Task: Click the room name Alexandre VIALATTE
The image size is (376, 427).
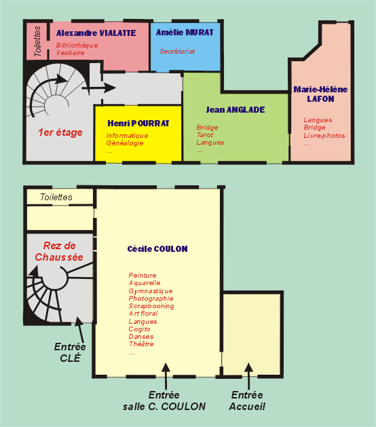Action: pos(96,33)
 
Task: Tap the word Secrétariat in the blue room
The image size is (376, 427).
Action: pos(177,51)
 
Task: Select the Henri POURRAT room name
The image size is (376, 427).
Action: pos(138,124)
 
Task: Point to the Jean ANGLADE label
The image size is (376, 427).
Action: pos(236,110)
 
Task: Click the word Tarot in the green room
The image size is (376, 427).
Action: pos(205,135)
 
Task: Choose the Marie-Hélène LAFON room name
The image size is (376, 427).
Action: pos(320,94)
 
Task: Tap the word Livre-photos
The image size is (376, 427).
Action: pos(324,136)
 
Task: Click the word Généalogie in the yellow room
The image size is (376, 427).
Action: pos(125,143)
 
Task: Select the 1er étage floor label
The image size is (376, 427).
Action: pos(60,132)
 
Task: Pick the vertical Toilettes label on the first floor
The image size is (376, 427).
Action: pos(37,41)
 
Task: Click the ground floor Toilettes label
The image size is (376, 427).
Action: pos(56,197)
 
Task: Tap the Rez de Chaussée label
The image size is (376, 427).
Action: pos(59,251)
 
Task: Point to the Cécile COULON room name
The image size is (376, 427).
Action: pos(157,249)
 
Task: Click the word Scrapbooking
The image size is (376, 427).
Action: pos(151,306)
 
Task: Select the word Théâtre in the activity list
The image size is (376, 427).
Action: pos(141,344)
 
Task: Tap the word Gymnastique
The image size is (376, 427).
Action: pos(151,291)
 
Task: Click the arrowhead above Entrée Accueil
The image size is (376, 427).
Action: pos(248,367)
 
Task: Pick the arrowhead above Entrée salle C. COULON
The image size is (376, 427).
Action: pos(166,367)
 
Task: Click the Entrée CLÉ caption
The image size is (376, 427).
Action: pos(70,352)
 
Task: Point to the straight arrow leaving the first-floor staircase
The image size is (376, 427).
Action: pos(99,88)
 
